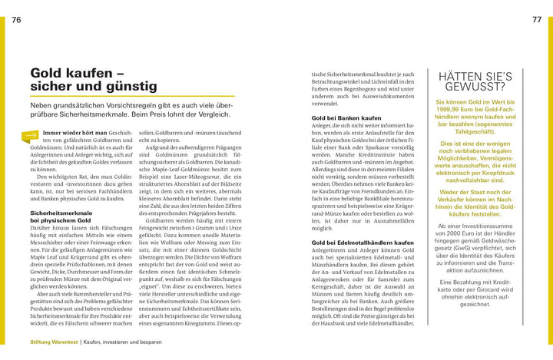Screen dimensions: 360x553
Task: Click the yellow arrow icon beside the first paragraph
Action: (x=31, y=137)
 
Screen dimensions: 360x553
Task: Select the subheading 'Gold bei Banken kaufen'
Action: (x=346, y=118)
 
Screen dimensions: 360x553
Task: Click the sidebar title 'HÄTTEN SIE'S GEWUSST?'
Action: (x=475, y=83)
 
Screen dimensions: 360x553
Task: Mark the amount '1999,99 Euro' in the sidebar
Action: (x=459, y=111)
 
